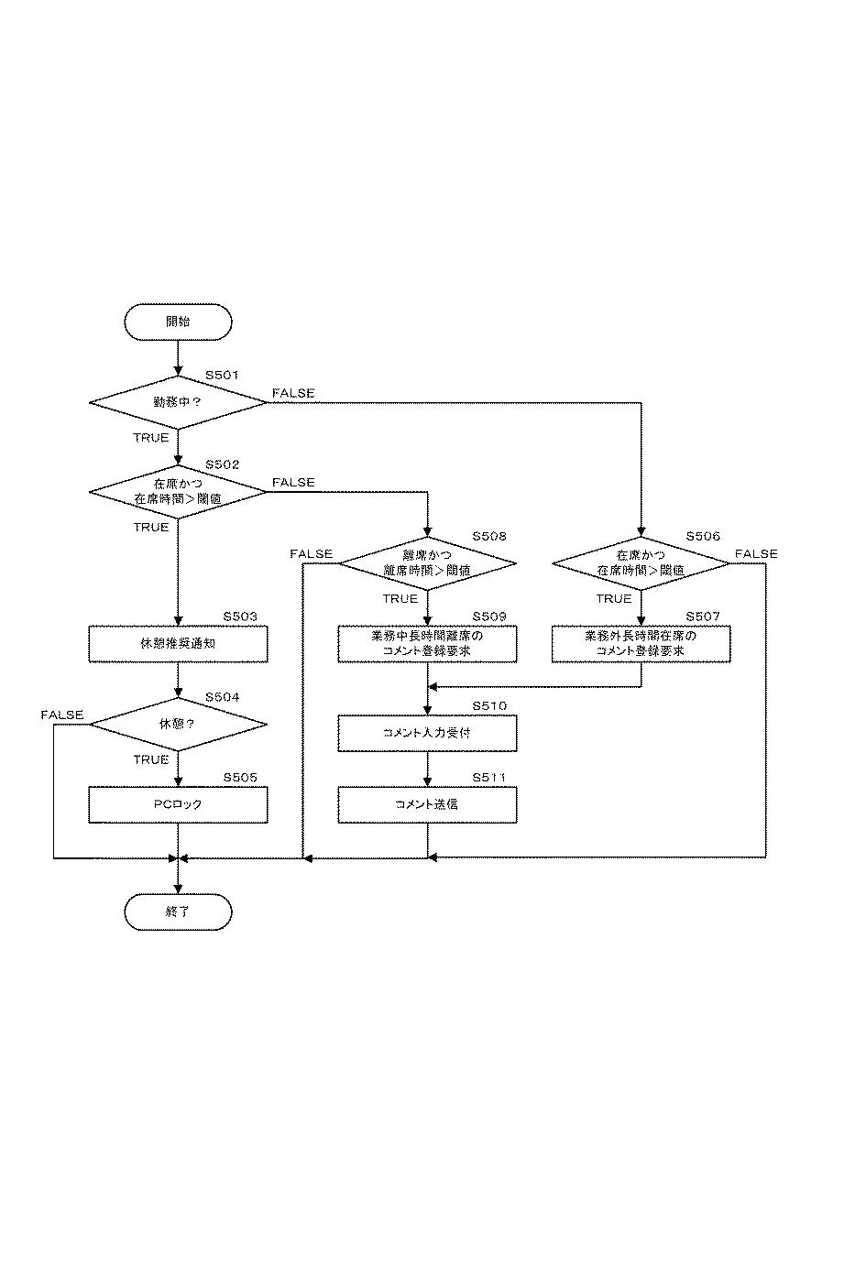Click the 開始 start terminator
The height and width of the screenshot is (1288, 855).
[178, 322]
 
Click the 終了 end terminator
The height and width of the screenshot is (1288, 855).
[178, 911]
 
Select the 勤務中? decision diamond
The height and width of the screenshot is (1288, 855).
[178, 401]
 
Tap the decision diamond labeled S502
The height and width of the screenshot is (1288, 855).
[178, 491]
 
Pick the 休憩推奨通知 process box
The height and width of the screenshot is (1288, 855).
[178, 643]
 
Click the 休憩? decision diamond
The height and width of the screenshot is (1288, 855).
[178, 724]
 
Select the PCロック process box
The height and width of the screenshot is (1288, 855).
[178, 804]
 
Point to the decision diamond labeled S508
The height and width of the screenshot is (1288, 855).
[427, 562]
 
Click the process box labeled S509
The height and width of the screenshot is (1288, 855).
[427, 643]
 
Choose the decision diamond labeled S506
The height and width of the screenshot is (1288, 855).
[641, 562]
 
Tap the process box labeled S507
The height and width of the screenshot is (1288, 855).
[641, 643]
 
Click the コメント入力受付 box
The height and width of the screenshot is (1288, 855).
[427, 733]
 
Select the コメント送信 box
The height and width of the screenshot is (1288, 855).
[427, 804]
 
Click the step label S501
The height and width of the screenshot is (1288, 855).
[222, 376]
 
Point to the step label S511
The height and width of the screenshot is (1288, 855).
[489, 778]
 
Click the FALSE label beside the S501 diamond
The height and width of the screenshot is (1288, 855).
[293, 393]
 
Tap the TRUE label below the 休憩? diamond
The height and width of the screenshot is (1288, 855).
[151, 759]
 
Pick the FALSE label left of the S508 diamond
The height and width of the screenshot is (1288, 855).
[312, 554]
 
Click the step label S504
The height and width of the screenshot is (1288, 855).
[222, 697]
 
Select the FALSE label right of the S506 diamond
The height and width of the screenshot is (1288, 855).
[756, 554]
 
